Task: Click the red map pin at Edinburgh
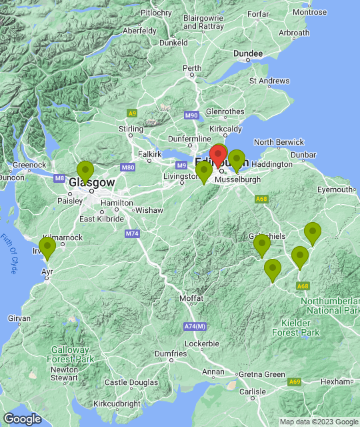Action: (217, 156)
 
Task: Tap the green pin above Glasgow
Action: (85, 171)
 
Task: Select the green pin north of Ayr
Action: (47, 248)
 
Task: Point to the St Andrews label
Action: (269, 81)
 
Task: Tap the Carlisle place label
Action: (253, 391)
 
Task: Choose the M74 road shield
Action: (131, 234)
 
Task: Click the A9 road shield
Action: (132, 113)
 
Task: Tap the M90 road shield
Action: (191, 115)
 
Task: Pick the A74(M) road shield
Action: (194, 326)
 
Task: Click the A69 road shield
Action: (295, 381)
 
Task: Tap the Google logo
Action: (22, 418)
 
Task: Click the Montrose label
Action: (310, 12)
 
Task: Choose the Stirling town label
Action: (131, 128)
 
